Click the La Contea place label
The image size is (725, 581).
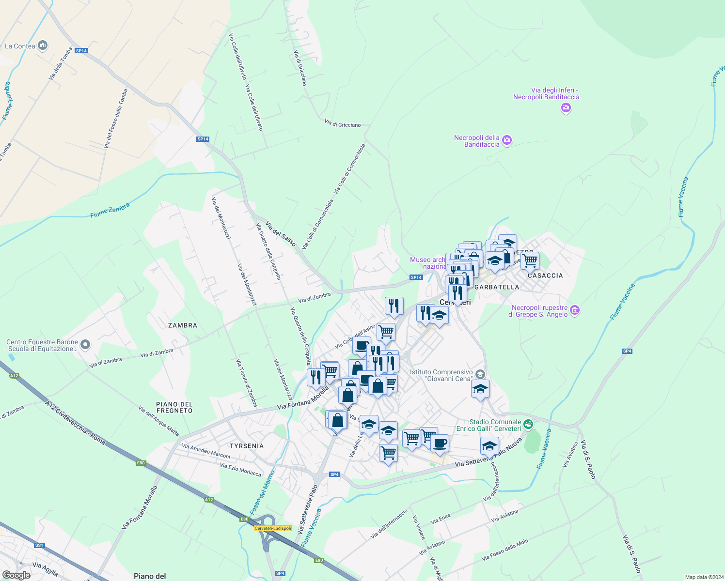pos(20,46)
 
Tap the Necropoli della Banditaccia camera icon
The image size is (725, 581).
pos(507,140)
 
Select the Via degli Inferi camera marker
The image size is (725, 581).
pos(566,107)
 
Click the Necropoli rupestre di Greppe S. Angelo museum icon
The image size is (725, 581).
pos(575,310)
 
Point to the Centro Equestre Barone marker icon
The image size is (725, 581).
pos(85,345)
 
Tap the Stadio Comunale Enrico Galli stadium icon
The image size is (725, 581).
pos(528,425)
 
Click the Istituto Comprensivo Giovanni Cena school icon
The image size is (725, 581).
pos(480,374)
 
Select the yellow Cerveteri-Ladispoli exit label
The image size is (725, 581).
pos(273,528)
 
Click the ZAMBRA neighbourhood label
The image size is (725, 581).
pos(183,325)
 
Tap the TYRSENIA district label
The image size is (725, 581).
pos(247,446)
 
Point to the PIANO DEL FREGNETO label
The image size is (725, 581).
pos(174,407)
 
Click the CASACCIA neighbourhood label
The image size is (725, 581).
pos(545,275)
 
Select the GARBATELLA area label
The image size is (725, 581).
pos(497,287)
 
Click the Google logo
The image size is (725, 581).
pos(16,575)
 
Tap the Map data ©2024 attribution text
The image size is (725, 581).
pos(703,577)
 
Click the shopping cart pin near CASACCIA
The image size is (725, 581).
pos(530,260)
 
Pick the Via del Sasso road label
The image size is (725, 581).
pos(281,234)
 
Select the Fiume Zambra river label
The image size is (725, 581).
pos(110,210)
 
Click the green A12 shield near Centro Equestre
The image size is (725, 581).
pos(14,375)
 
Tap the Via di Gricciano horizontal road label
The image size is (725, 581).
pos(343,124)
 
